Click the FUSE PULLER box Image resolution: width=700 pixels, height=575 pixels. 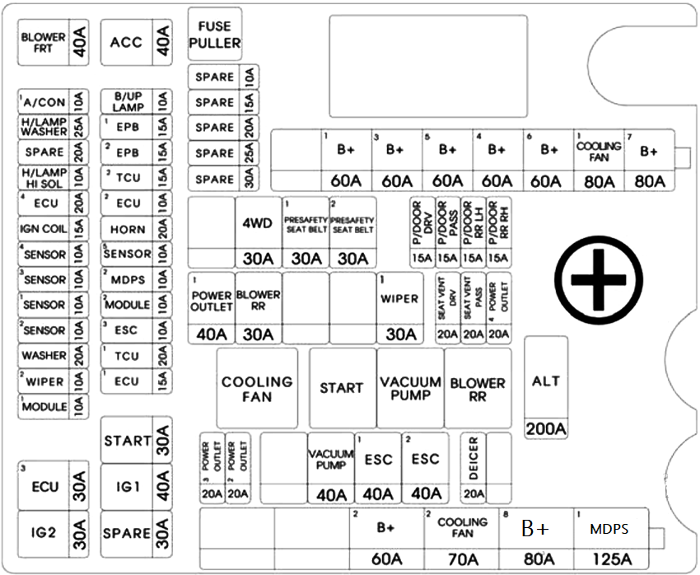pos(215,34)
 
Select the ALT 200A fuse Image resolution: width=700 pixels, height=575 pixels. pos(546,387)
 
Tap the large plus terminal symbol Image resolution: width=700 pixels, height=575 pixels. pos(599,279)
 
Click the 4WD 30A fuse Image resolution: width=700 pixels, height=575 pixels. pos(258,232)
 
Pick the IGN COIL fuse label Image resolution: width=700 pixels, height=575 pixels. pos(43,229)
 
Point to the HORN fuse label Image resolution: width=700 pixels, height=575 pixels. pos(128,230)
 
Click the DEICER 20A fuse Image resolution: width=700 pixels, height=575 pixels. pos(474,468)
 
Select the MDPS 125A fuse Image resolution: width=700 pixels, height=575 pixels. pos(610,539)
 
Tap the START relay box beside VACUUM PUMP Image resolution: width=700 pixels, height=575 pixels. pos(343,388)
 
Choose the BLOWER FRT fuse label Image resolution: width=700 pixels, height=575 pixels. pos(44,42)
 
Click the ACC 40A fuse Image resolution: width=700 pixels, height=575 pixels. pos(136,42)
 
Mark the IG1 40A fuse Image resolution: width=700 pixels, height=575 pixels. pos(136,487)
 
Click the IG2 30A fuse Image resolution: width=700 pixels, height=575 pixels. pos(54,534)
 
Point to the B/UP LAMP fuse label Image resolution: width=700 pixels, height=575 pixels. pos(128,102)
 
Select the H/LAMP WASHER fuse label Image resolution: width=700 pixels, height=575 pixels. pos(44,127)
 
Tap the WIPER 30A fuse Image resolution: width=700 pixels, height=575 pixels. pos(400,308)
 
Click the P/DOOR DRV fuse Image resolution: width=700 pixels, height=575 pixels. pos(422,232)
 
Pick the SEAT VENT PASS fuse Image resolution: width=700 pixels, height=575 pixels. pos(474,308)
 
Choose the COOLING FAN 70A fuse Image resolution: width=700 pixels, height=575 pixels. pos(462,539)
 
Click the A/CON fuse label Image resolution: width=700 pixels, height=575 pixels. pos(44,102)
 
